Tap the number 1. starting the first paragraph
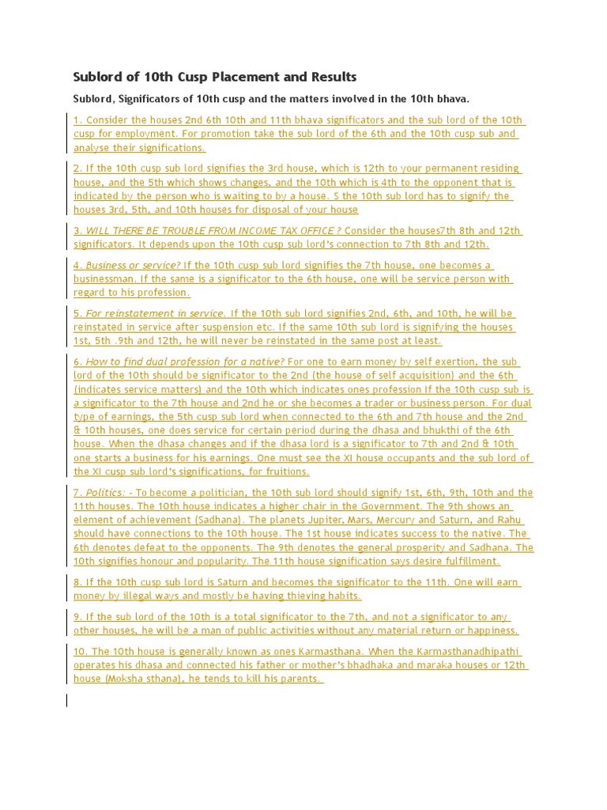(78, 120)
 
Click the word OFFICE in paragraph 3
(314, 230)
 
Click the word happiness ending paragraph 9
(491, 630)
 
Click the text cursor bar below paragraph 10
(67, 700)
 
